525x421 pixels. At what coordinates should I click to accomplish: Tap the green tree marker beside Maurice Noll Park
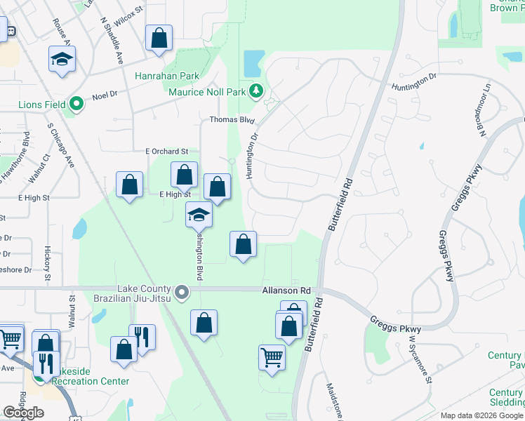pos(257,91)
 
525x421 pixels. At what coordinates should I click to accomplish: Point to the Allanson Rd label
pos(286,290)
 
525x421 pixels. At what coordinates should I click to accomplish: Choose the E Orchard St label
pos(167,151)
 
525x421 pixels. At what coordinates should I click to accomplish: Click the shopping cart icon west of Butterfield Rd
pos(272,357)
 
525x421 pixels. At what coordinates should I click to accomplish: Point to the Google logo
pos(22,413)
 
